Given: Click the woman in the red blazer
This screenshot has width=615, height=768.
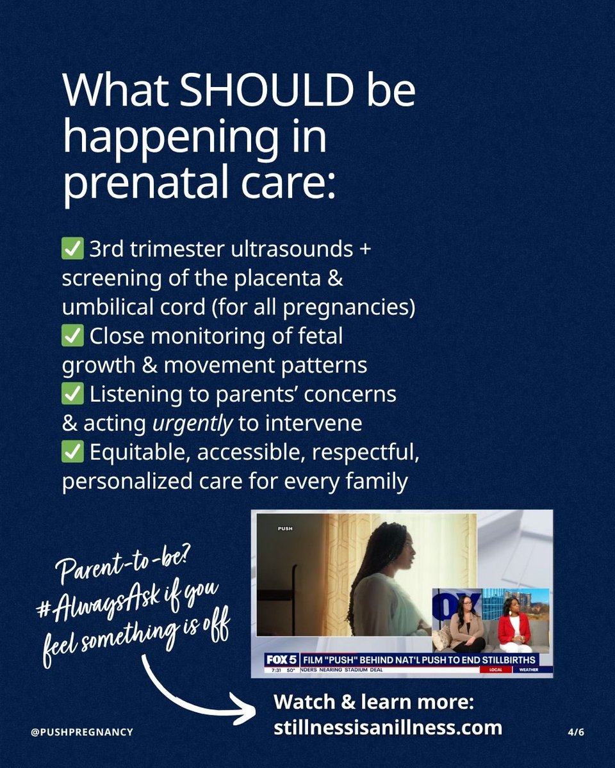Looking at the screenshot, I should [x=514, y=624].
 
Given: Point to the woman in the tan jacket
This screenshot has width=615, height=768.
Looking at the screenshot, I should [x=467, y=624].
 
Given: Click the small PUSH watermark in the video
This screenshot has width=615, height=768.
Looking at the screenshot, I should [x=285, y=529].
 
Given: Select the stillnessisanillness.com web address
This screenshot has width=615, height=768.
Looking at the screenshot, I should [x=388, y=728].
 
